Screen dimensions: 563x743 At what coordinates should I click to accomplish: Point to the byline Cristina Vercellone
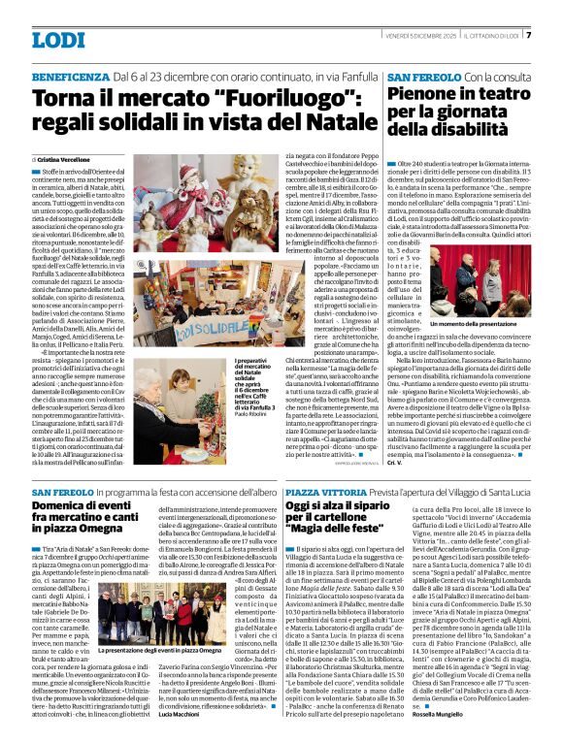pos(69,159)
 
